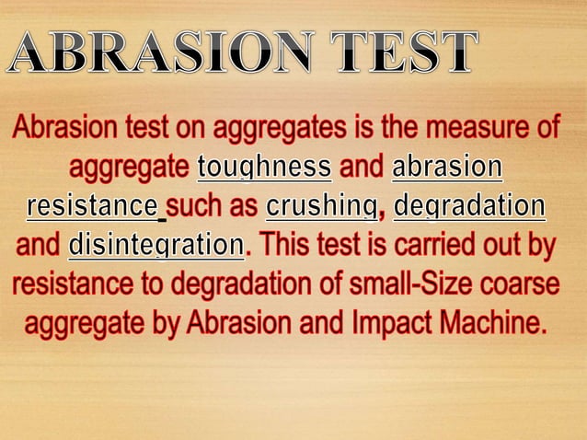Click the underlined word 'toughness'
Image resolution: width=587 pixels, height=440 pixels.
265,168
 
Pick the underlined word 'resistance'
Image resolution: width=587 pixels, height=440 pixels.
92,207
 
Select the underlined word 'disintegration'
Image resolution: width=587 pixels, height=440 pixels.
155,246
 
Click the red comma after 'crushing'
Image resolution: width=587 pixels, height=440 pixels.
382,213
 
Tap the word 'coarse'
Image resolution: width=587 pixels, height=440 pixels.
520,284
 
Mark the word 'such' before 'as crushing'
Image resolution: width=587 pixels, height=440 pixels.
197,207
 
